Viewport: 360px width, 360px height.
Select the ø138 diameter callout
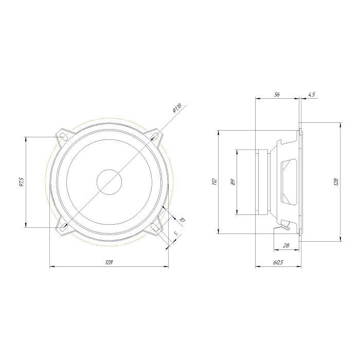point(177,108)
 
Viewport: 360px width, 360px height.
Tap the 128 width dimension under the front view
point(109,262)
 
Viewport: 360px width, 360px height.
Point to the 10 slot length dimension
point(182,220)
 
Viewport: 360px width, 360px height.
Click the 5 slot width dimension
point(176,234)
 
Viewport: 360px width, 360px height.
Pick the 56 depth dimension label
point(277,94)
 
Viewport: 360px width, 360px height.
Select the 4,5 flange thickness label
point(312,94)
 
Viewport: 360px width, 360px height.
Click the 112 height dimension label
point(214,182)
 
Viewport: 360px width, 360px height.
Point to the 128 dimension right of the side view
point(336,182)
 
